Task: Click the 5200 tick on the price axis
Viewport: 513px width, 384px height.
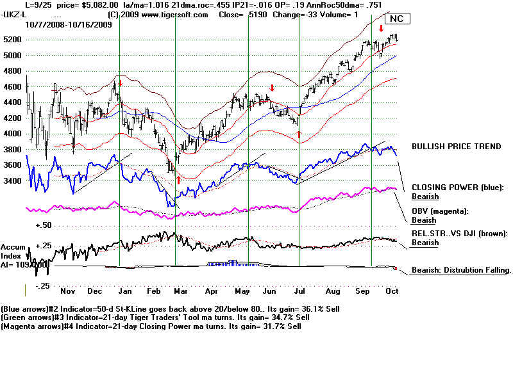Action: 12,40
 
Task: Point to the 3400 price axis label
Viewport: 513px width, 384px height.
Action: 12,181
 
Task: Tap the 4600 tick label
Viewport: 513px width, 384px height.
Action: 12,87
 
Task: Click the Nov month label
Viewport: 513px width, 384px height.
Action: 67,291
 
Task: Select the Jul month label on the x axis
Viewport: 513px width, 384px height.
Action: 300,291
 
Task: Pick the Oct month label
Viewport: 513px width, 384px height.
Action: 391,291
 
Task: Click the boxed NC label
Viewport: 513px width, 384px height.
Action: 398,19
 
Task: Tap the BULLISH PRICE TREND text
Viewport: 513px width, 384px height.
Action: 456,147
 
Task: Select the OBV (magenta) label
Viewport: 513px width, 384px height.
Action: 439,211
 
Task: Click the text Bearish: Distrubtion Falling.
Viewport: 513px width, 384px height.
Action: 460,271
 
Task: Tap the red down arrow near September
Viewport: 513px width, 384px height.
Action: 381,28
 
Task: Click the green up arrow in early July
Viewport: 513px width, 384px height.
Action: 299,134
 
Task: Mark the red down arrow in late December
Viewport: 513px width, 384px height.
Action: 120,83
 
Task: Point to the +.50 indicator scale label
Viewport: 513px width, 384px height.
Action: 43,226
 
